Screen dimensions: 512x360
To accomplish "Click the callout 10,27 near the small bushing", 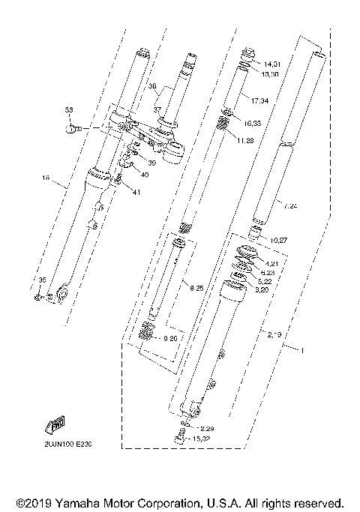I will pos(278,241).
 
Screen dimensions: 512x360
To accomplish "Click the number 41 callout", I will pos(136,192).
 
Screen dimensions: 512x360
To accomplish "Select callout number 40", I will pos(144,175).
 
